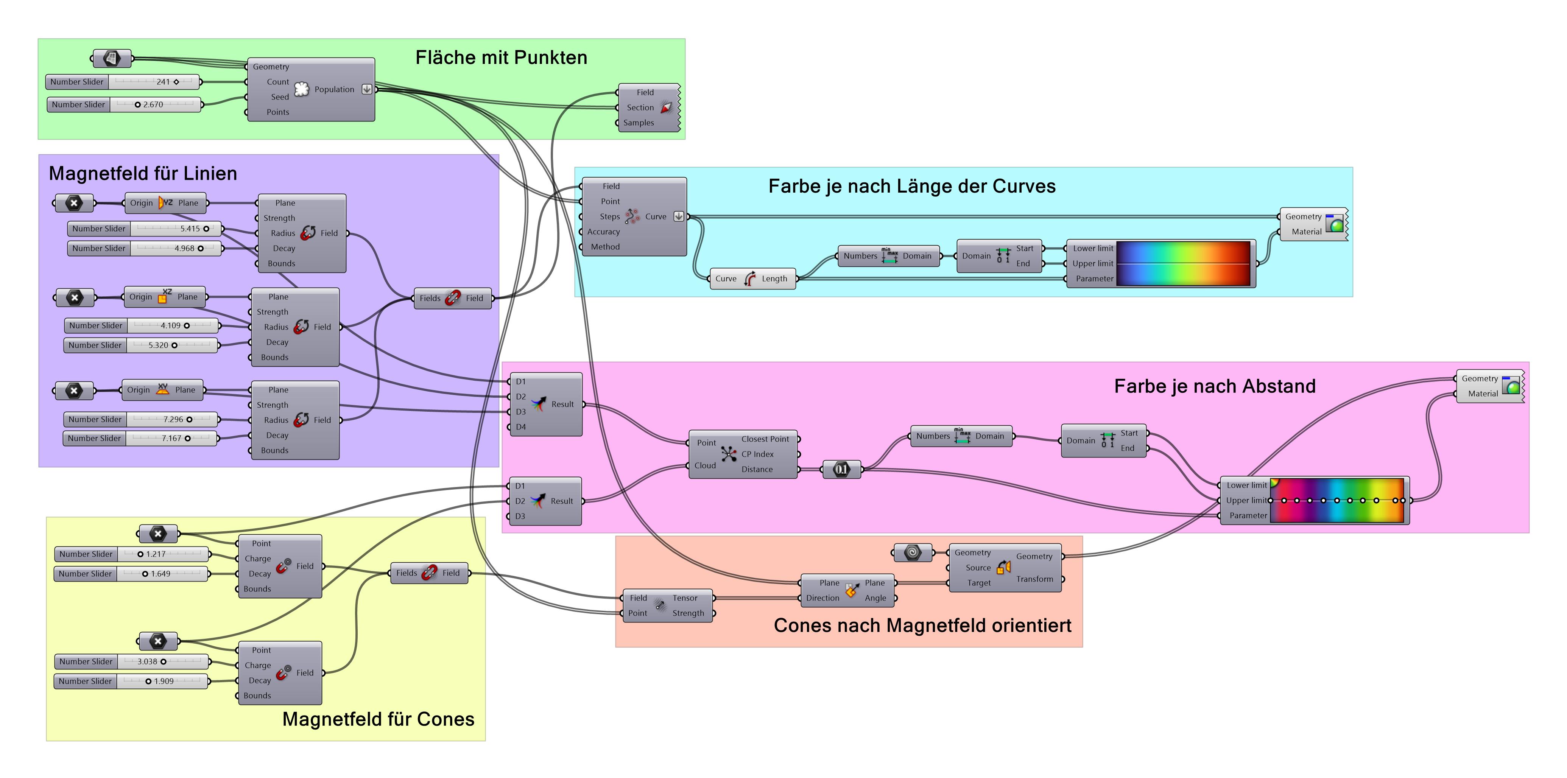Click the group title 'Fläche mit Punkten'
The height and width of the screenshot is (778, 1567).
click(x=501, y=58)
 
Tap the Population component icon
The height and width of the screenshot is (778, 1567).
click(x=302, y=89)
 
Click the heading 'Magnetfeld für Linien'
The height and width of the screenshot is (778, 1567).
click(x=143, y=174)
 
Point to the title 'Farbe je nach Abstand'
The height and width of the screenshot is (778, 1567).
click(x=1214, y=387)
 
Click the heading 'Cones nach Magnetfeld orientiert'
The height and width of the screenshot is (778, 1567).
click(x=922, y=626)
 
